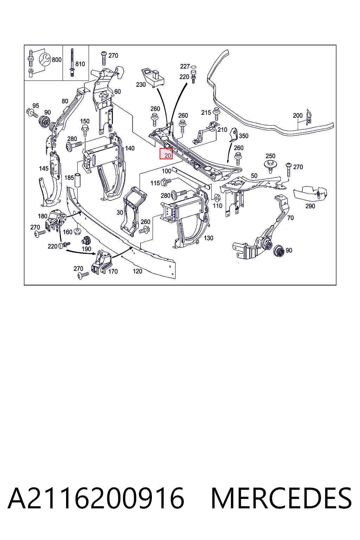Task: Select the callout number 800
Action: coord(57,59)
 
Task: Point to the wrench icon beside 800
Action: coord(45,59)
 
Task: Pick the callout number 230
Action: coord(141,85)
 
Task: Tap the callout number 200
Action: coord(297,115)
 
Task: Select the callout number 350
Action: coord(244,136)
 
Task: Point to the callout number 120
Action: coord(137,271)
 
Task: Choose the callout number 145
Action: coord(44,168)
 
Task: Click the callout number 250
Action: coord(271,156)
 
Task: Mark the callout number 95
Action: coord(36,105)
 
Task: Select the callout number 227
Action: coord(185,66)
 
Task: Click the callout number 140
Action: coord(130,148)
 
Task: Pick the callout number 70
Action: coord(290,218)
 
